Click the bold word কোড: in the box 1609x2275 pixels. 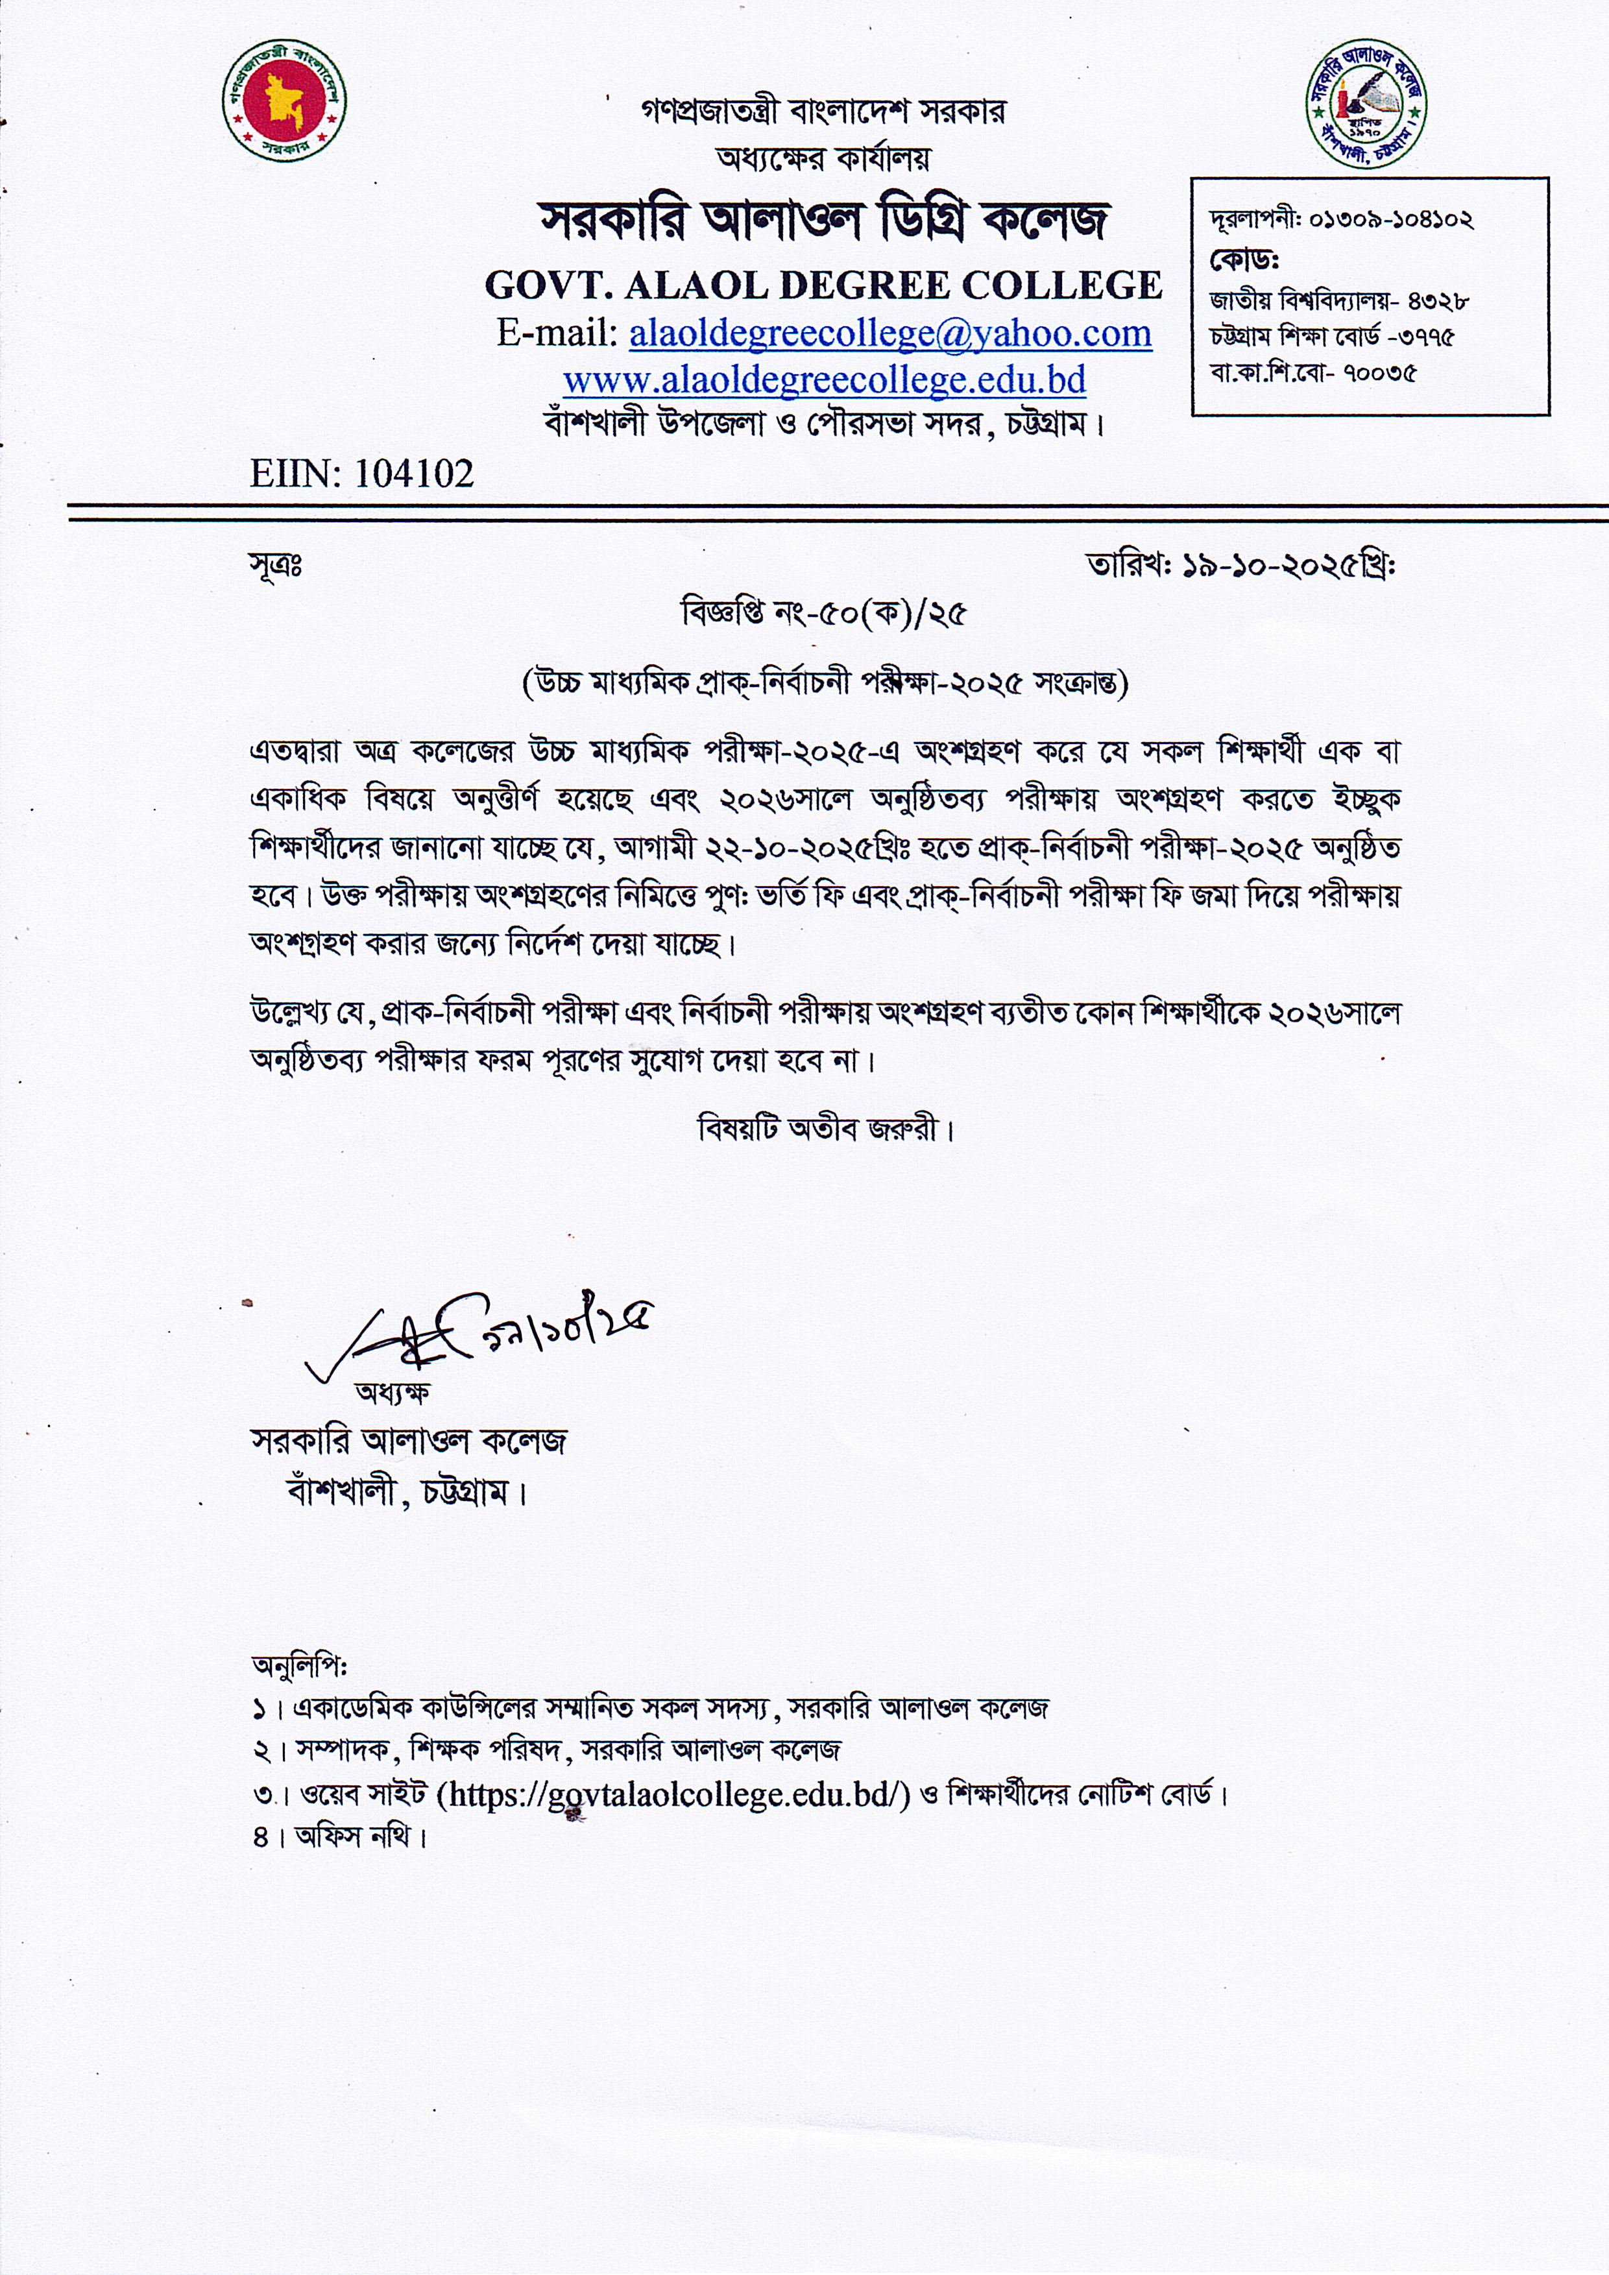pyautogui.click(x=1244, y=259)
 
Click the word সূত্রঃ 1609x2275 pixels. pyautogui.click(x=276, y=567)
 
